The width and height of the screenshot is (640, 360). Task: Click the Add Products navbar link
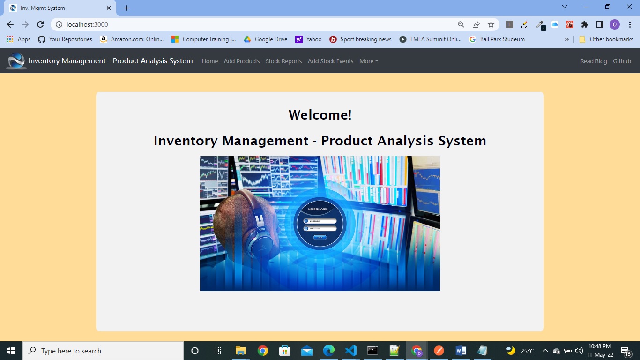coord(241,61)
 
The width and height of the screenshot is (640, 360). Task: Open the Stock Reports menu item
coord(283,61)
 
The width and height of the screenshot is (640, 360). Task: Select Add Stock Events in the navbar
coord(330,61)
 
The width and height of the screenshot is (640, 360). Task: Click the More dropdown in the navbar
coord(369,61)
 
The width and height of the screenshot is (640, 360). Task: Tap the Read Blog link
coord(593,61)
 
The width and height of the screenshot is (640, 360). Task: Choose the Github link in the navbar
coord(622,61)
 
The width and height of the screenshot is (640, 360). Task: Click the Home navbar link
coord(209,61)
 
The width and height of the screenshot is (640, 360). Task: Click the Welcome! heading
coord(320,115)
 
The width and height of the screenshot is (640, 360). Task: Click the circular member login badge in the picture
coord(320,224)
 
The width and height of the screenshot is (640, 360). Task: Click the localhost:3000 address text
coord(87,24)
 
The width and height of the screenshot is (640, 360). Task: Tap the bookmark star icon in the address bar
coord(491,24)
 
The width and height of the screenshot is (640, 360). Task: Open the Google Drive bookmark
coord(266,39)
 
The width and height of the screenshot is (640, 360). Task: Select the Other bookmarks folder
coord(606,39)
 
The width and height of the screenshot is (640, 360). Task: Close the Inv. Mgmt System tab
coord(109,8)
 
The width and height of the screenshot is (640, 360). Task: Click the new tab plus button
coord(127,8)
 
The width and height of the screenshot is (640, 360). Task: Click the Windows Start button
coord(11,351)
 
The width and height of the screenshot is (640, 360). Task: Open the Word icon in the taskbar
coord(461,351)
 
